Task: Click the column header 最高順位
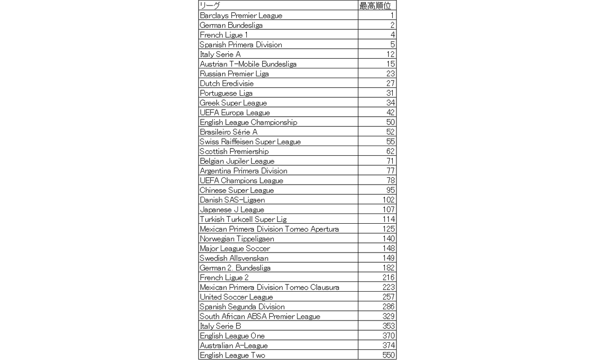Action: [376, 6]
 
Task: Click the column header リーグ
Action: [210, 6]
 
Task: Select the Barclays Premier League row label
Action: [241, 15]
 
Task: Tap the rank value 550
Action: [388, 355]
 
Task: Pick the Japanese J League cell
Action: [231, 210]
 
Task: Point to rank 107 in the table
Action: [388, 210]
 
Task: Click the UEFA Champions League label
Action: [241, 180]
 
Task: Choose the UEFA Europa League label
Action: [235, 113]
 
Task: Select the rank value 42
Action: [390, 113]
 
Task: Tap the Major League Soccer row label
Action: [235, 248]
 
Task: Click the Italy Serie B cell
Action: [220, 326]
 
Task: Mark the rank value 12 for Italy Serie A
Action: [390, 54]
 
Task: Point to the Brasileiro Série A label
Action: [228, 132]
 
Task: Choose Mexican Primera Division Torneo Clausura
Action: [269, 287]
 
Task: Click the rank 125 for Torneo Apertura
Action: [388, 229]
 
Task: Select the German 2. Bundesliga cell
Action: [235, 268]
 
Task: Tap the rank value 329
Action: [388, 316]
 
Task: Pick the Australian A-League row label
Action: [233, 346]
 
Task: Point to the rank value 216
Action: [388, 278]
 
